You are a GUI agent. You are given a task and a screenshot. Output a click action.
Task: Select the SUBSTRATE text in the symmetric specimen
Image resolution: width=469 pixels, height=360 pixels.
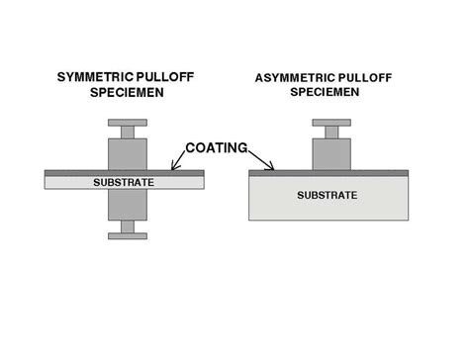click(124, 182)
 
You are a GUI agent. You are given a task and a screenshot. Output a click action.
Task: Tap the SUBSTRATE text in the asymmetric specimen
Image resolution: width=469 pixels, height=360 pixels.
click(328, 195)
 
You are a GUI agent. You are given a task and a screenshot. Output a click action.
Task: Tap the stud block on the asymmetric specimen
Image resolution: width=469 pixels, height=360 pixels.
click(331, 153)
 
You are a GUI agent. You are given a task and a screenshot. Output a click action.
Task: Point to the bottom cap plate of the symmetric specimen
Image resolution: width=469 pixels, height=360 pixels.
click(127, 235)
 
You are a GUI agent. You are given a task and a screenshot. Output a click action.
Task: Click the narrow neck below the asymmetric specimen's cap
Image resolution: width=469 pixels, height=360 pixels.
click(331, 132)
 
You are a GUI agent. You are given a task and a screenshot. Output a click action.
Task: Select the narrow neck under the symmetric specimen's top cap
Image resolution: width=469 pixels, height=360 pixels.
click(127, 132)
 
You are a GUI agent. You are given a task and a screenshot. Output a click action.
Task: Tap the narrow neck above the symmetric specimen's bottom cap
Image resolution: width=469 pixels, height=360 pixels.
click(127, 226)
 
